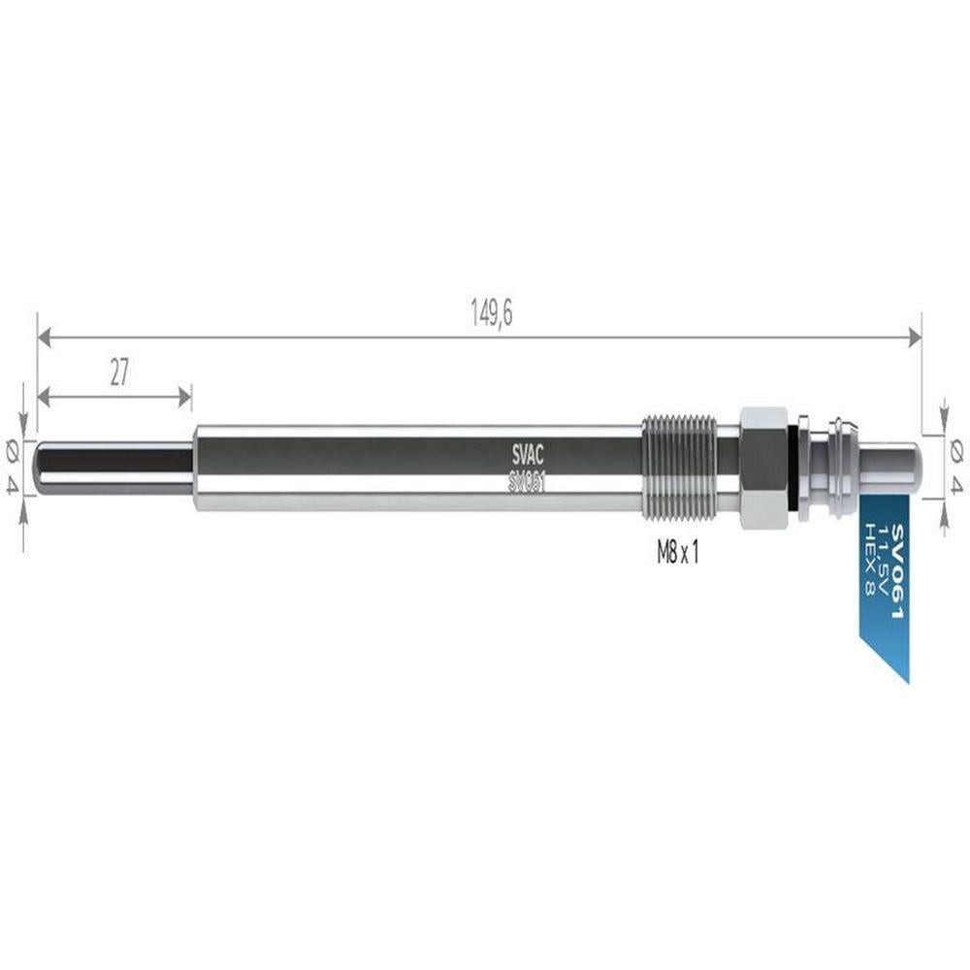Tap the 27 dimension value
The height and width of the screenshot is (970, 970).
tap(118, 372)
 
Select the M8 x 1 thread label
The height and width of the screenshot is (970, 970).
tap(677, 553)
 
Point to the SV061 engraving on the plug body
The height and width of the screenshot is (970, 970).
tap(527, 482)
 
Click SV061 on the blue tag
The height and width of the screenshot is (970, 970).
tap(896, 571)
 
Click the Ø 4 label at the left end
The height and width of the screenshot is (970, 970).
tap(13, 467)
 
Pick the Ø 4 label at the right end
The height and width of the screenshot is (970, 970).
tap(956, 467)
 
